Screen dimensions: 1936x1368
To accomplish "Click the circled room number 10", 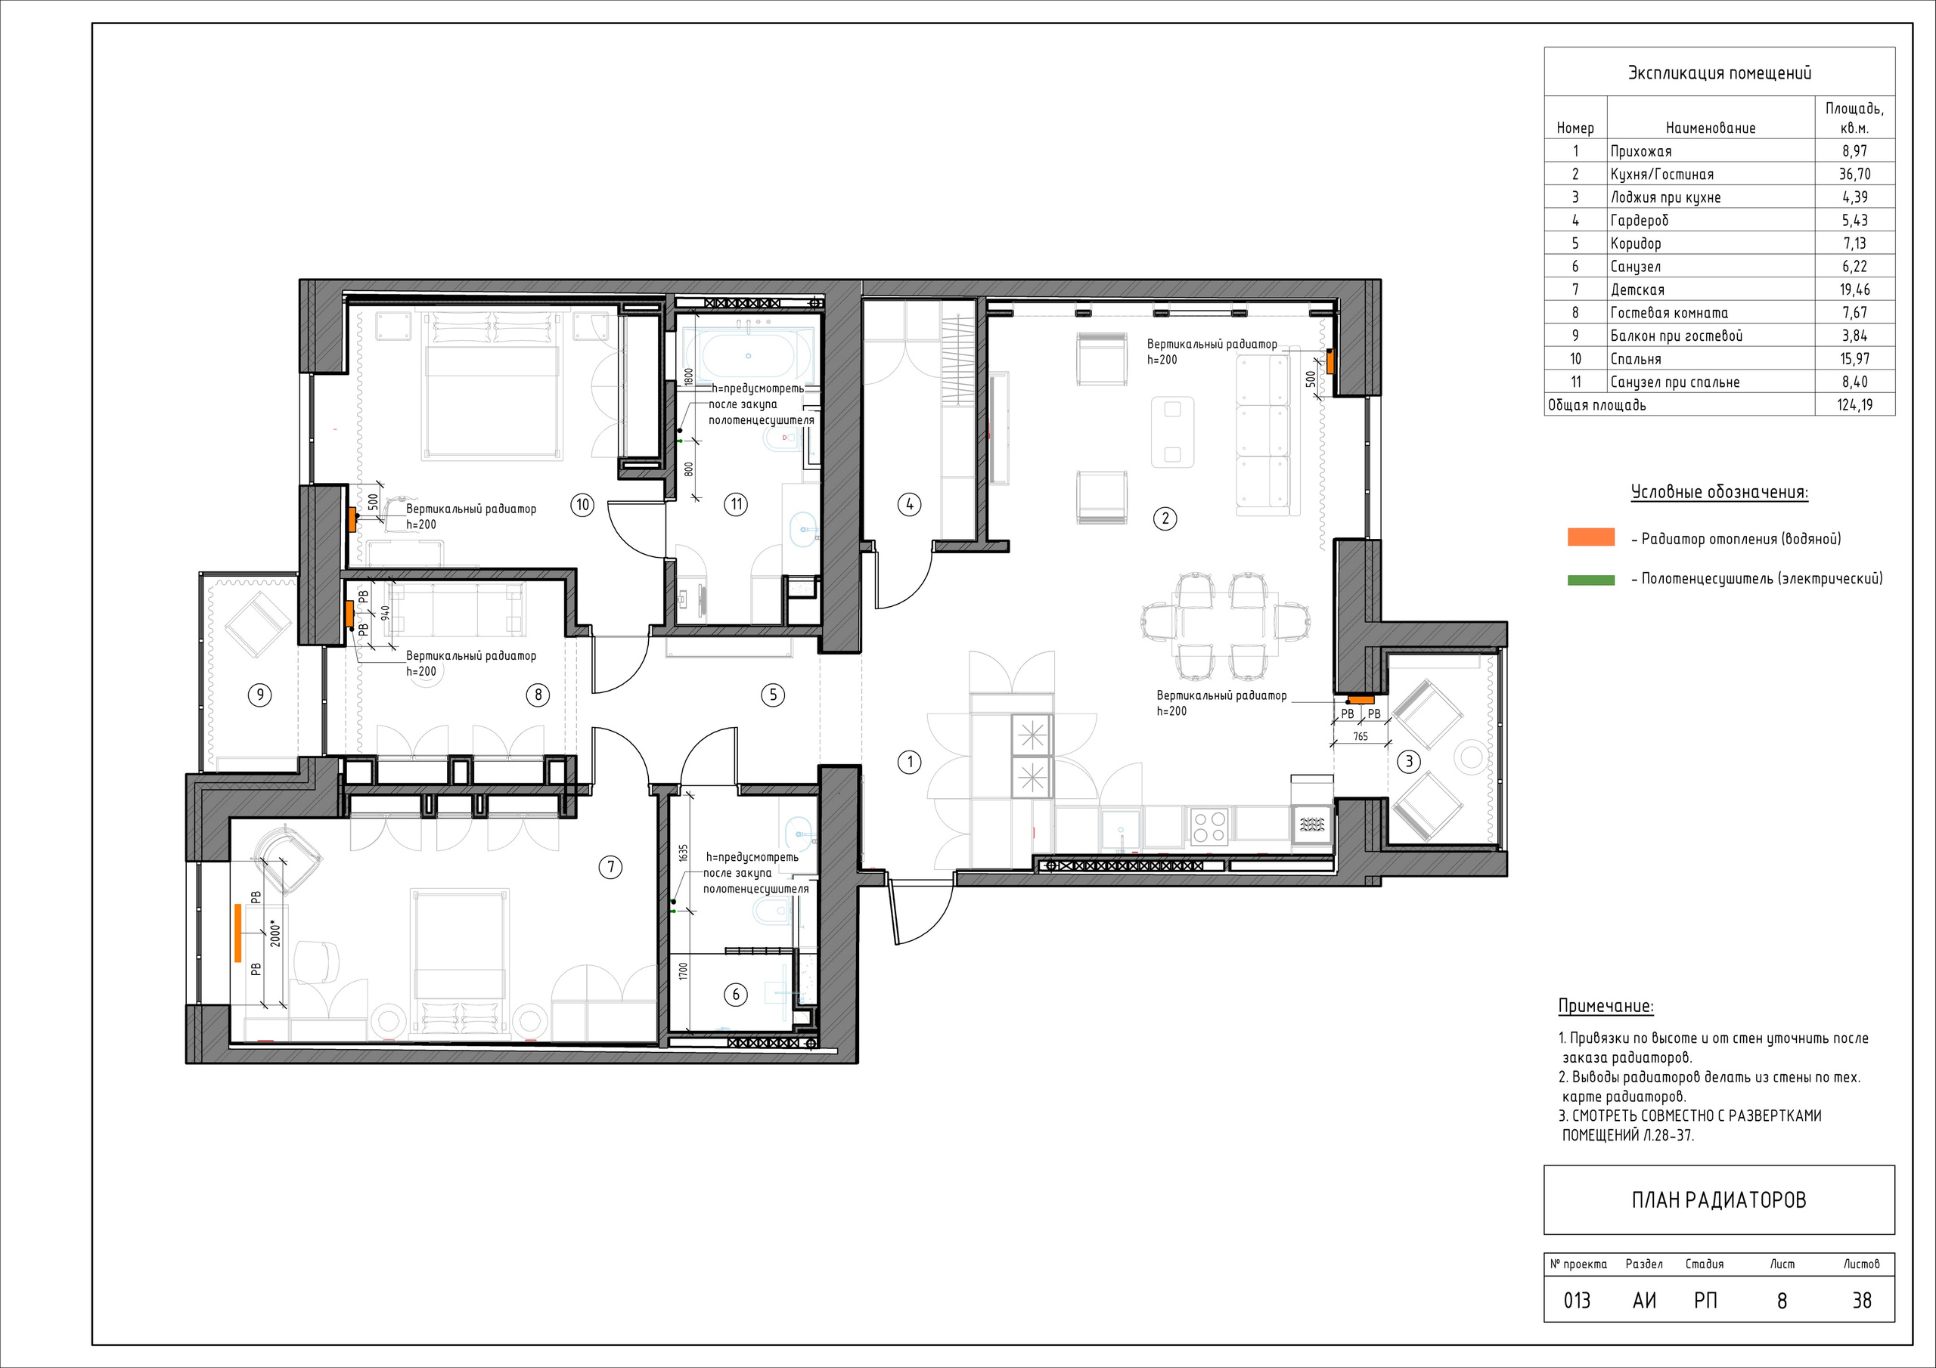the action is point(582,505).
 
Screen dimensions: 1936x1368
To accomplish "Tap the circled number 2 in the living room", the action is point(1165,518).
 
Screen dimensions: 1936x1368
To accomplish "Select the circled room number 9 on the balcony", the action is point(259,695).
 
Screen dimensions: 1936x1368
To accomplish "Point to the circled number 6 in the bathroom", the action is point(736,995).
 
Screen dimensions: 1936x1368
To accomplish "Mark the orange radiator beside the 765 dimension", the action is point(1360,701).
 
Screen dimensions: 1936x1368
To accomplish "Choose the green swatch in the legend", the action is point(1591,580).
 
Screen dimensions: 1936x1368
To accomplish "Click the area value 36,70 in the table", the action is point(1855,175).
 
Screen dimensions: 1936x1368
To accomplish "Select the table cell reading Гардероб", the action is point(1640,221).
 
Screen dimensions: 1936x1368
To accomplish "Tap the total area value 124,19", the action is point(1855,405).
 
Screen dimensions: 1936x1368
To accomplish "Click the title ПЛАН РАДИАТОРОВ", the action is point(1719,1200).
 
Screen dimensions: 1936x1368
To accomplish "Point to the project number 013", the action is point(1578,1301).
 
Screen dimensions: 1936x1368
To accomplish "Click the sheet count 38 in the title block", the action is point(1862,1301).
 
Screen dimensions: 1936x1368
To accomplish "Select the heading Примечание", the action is point(1606,1007).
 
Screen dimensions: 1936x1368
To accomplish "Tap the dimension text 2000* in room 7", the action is point(274,934).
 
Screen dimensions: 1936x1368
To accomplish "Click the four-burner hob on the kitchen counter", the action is point(1209,825).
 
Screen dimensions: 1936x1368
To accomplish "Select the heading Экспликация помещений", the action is point(1719,73).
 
